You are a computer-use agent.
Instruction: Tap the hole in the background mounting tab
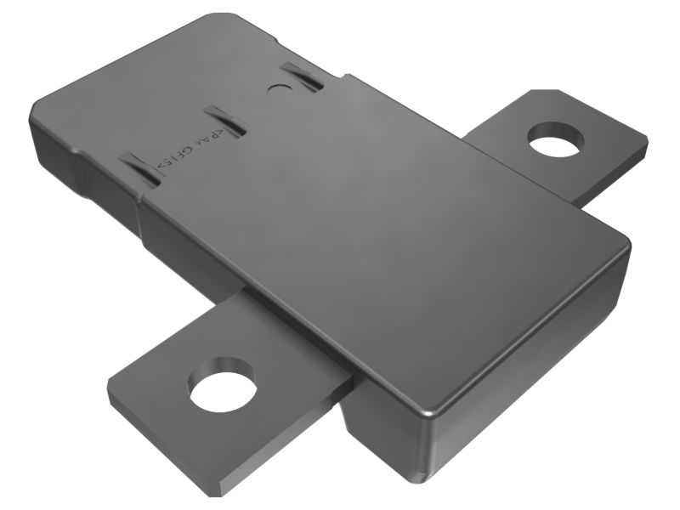[556, 139]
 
